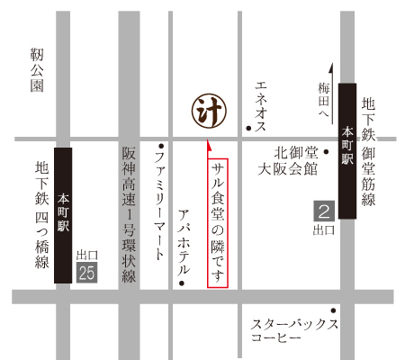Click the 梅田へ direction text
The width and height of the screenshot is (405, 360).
[323, 101]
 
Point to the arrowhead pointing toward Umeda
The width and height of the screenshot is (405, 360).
[332, 67]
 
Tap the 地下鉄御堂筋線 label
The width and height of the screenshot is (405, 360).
[368, 153]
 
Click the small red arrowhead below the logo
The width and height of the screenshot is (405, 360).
[209, 144]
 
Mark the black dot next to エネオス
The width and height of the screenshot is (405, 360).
[248, 129]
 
